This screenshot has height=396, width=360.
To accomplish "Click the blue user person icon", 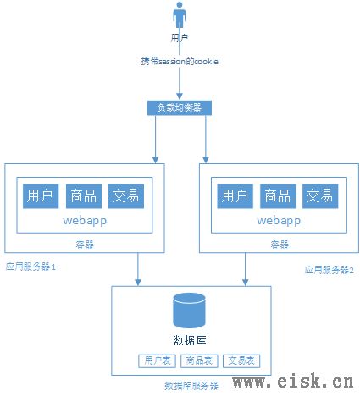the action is pos(180,15).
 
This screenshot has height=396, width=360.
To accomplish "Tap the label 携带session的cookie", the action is pos(180,61).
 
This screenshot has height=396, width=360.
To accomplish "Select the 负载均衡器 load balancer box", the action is pos(180,107).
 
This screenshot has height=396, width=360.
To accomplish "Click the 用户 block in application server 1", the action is pos(41,196).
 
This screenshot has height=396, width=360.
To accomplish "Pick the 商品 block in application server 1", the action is pos(84,196).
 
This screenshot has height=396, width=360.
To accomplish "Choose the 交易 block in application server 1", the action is pos(126,196).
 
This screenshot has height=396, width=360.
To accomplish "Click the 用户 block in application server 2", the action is pos(235,196).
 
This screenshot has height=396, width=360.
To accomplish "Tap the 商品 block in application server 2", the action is pos(278,196).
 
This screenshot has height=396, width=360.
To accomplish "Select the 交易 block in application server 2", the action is pos(320,196).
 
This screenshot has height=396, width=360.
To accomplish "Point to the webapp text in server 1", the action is pos(85,221).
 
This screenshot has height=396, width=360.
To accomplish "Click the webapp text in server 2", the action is pos(279,221).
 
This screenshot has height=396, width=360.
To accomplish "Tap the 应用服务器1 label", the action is pos(30,267).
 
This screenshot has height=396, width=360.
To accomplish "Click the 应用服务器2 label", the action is pos(329,270).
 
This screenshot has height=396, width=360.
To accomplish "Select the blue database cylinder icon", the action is pos(189,311).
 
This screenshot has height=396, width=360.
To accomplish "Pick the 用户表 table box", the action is pos(157,360).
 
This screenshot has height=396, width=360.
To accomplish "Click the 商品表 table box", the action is pos(199,360).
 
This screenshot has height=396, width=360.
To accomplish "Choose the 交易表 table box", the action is pos(241,360).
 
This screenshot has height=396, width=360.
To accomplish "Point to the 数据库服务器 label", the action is pos(191,386).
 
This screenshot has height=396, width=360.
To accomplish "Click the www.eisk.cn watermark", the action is pos(293,382).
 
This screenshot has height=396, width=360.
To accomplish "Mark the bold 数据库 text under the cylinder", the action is pos(190,341).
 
